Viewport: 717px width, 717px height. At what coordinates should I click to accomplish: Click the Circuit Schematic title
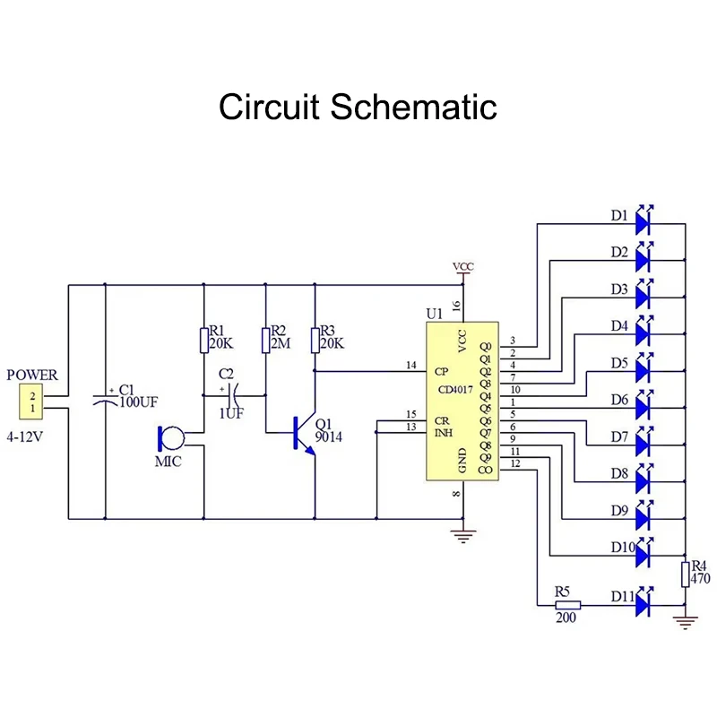(358, 106)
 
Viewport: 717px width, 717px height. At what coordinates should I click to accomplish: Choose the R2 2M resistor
(265, 340)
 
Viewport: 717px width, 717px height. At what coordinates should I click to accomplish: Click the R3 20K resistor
(315, 340)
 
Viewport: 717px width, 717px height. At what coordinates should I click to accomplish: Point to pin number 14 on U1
(411, 365)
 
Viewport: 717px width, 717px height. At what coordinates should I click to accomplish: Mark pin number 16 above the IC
(456, 306)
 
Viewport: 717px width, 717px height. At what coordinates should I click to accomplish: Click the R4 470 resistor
(685, 574)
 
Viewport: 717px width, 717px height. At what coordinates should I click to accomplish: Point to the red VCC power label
(463, 267)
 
